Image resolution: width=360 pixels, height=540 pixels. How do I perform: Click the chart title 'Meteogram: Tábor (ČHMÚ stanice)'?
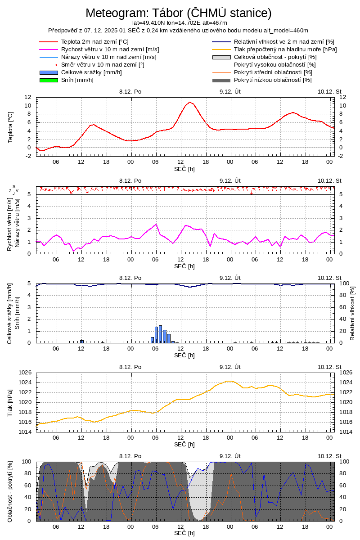pyautogui.click(x=179, y=13)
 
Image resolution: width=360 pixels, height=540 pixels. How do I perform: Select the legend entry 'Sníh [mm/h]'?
pyautogui.click(x=77, y=80)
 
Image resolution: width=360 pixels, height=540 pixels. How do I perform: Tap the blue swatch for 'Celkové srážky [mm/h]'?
pyautogui.click(x=49, y=72)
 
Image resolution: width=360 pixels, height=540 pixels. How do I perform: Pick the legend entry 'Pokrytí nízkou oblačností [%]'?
pyautogui.click(x=273, y=80)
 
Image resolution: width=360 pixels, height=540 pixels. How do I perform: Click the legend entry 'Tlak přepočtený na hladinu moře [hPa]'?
pyautogui.click(x=285, y=49)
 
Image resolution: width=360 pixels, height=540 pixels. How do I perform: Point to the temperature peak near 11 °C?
pyautogui.click(x=190, y=102)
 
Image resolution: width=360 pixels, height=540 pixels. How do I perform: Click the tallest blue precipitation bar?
pyautogui.click(x=160, y=334)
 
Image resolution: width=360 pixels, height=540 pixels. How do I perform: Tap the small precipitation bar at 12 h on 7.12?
pyautogui.click(x=82, y=341)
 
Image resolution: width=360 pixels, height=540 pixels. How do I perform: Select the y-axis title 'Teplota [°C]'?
pyautogui.click(x=11, y=127)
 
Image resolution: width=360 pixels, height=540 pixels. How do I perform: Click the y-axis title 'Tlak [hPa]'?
pyautogui.click(x=10, y=402)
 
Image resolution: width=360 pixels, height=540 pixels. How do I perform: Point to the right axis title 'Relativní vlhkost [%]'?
pyautogui.click(x=352, y=313)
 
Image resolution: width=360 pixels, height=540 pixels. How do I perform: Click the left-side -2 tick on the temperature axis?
pyautogui.click(x=28, y=156)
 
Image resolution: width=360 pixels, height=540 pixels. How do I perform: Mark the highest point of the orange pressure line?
pyautogui.click(x=229, y=381)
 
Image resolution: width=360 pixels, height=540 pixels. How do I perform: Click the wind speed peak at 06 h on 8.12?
pyautogui.click(x=156, y=224)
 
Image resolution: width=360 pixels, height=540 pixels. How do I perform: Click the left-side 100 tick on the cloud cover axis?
pyautogui.click(x=27, y=462)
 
